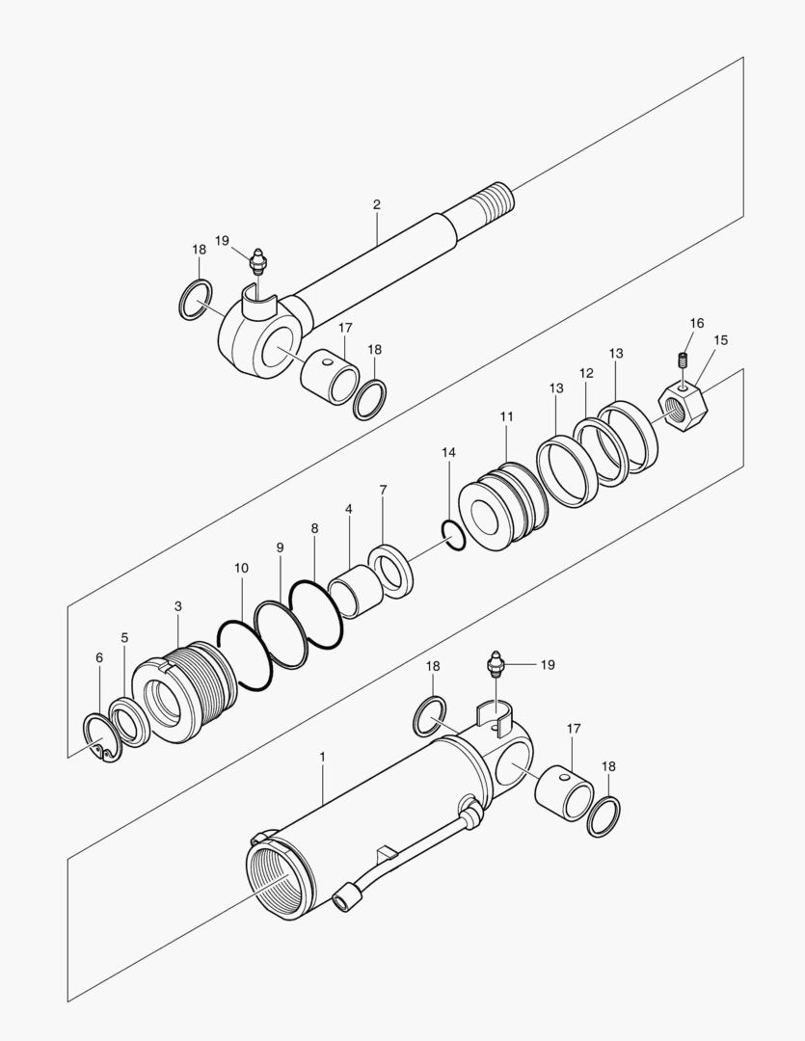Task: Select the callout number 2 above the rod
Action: [376, 204]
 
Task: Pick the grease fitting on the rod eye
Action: [257, 263]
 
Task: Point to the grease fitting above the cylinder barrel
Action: [497, 664]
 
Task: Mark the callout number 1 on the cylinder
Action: [322, 759]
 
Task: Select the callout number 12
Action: [586, 373]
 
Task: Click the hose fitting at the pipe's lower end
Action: [345, 899]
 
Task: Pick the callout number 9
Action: [280, 547]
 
